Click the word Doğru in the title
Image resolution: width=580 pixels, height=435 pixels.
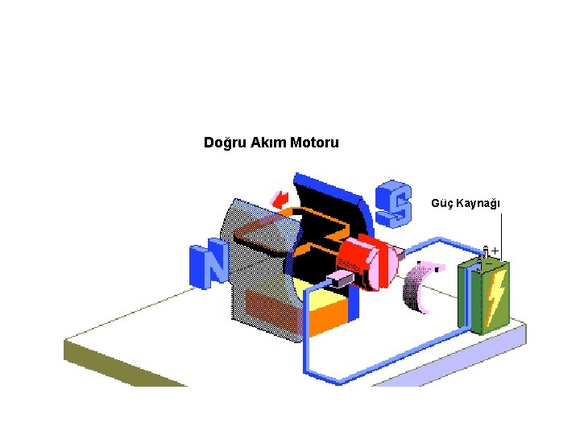point(225,143)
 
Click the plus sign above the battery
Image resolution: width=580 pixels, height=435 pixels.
point(495,251)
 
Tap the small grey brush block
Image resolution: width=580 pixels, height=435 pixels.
point(338,280)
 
